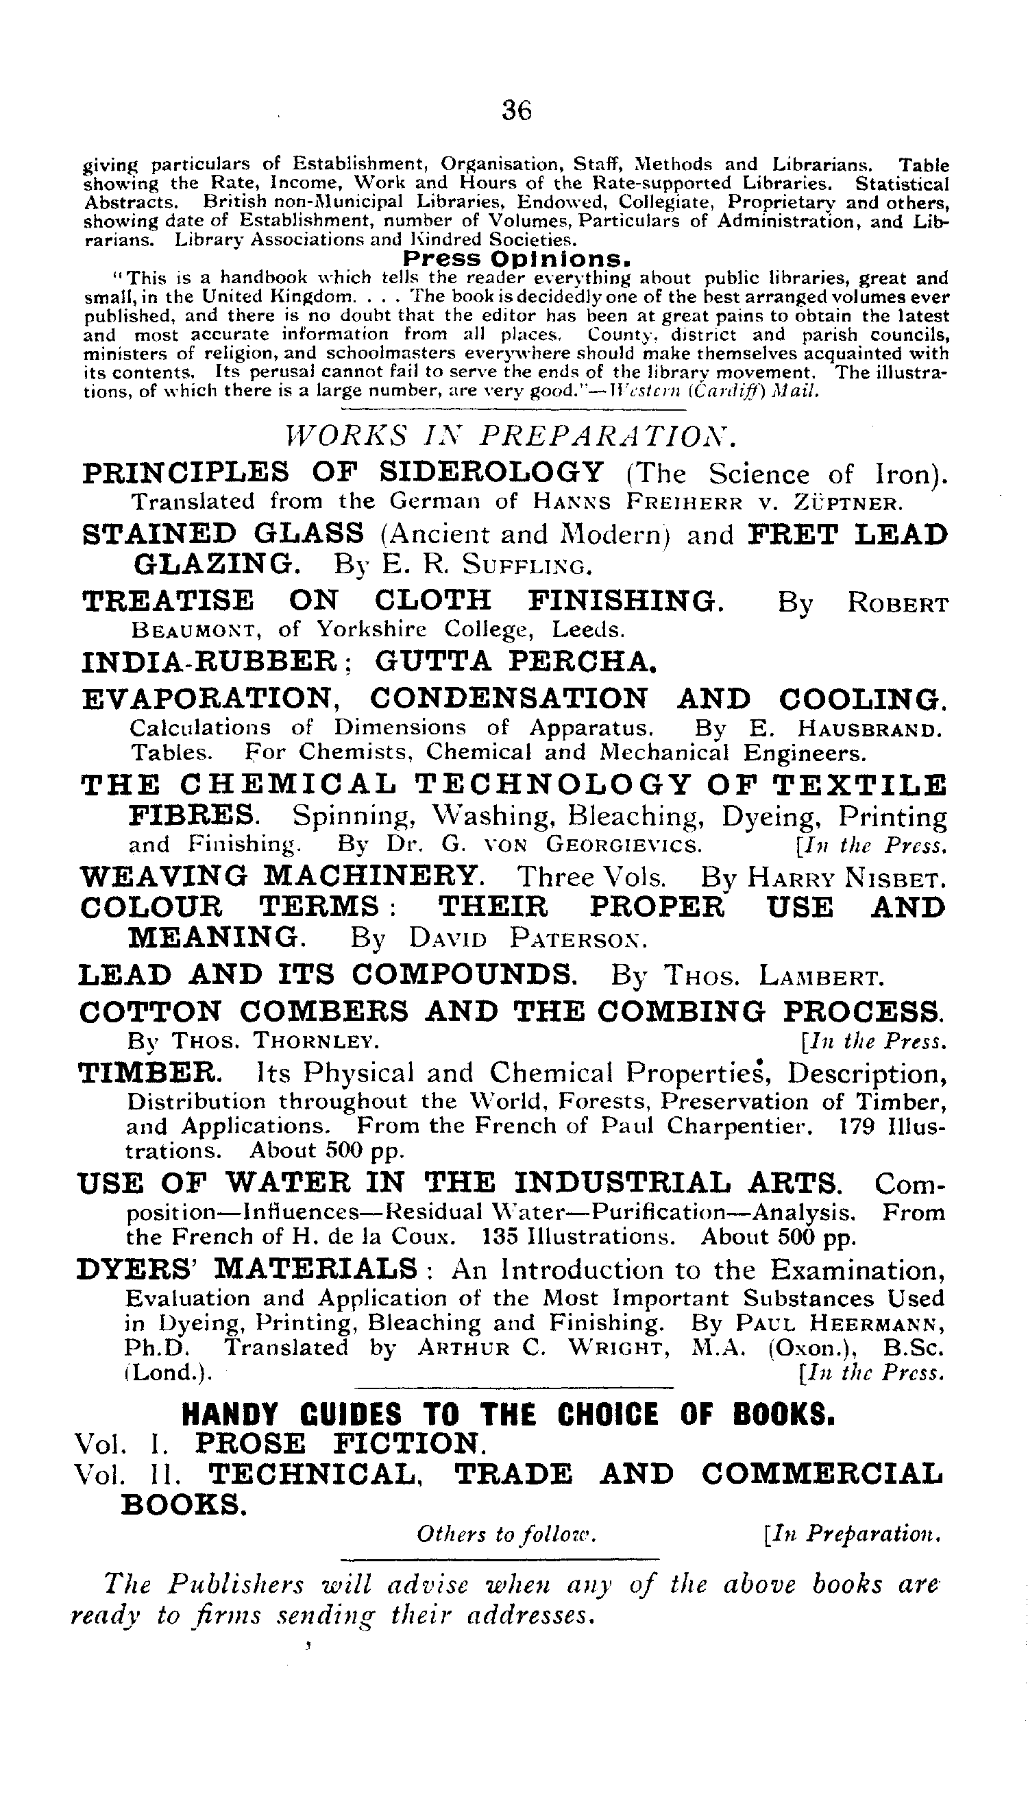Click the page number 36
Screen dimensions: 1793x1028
517,110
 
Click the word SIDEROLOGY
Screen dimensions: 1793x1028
491,472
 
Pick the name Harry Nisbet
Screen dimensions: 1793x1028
845,878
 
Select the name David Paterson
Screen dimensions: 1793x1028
528,939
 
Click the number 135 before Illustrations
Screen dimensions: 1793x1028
501,1236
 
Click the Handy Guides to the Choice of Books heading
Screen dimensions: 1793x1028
509,1415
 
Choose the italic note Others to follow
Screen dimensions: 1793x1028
507,1533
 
